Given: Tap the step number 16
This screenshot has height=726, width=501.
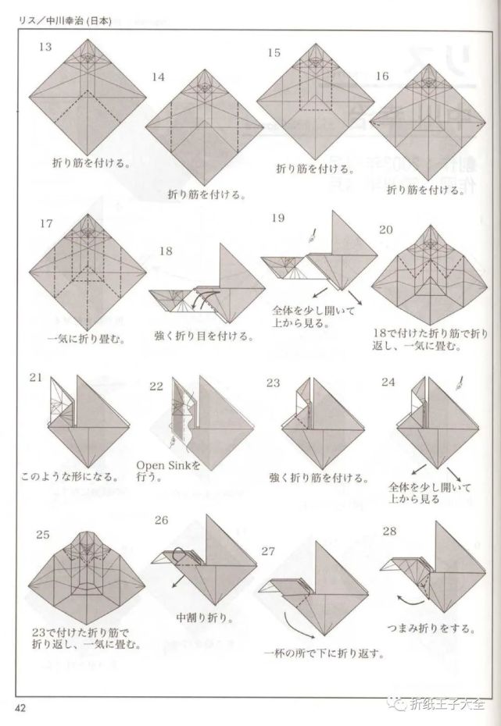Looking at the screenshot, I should [382, 77].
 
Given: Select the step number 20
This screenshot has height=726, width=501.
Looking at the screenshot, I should [385, 230].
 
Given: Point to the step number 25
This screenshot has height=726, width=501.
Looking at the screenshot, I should [43, 534].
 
